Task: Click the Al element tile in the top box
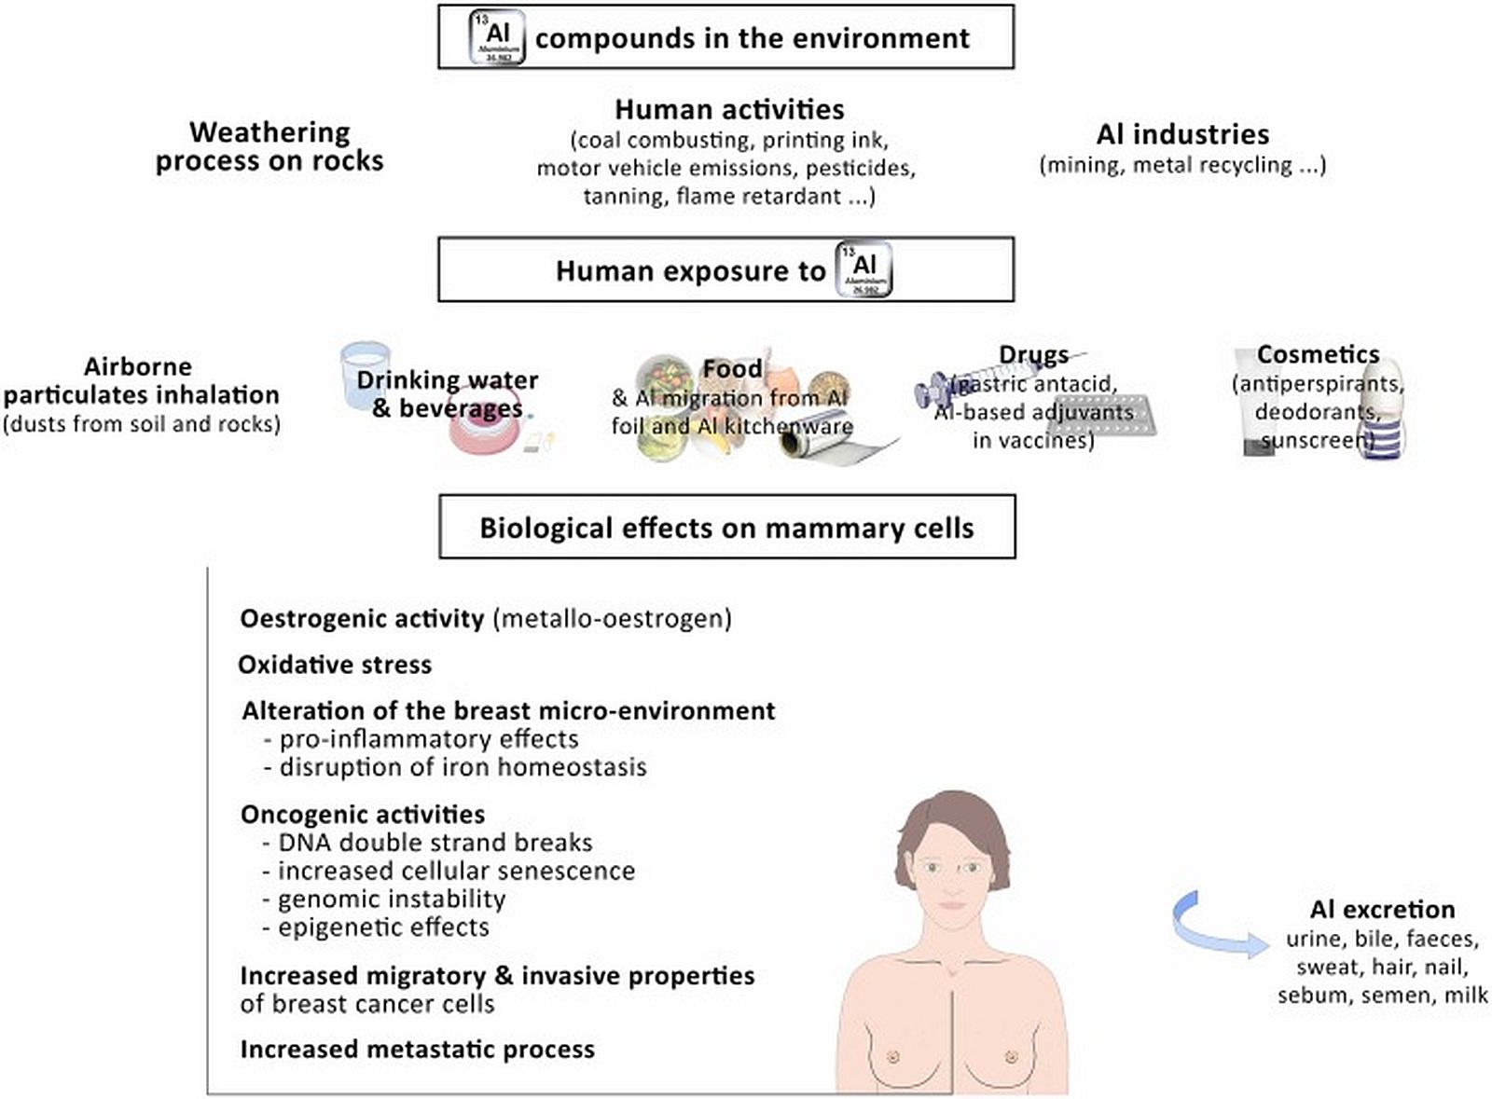496,38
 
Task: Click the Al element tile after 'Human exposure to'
863,269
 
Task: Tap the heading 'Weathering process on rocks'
269,146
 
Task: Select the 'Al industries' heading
1182,134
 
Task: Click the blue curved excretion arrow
1212,928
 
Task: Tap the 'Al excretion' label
1382,910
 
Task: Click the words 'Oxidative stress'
335,665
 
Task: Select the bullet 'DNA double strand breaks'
435,843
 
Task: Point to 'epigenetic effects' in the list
383,927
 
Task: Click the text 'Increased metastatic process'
417,1050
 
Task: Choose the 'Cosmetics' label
1318,354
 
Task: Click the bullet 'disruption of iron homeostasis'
463,767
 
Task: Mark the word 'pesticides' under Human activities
859,169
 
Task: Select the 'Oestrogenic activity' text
362,619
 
